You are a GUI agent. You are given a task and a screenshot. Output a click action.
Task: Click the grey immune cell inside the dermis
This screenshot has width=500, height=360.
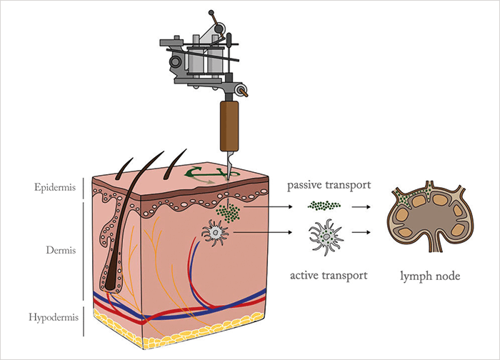(214, 232)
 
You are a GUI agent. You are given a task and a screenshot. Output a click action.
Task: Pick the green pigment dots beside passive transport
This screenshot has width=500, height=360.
(324, 206)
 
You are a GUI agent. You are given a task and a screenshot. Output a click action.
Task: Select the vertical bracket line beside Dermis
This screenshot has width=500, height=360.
(85, 252)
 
